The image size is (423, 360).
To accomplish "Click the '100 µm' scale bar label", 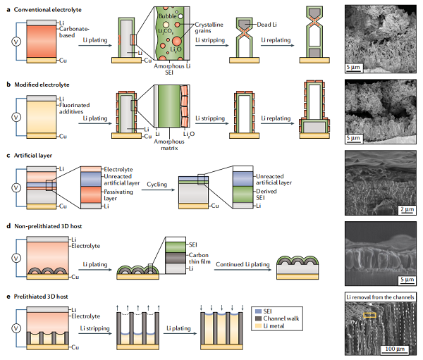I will coord(392,348).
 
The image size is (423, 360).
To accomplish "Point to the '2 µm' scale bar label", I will coord(405,209).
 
